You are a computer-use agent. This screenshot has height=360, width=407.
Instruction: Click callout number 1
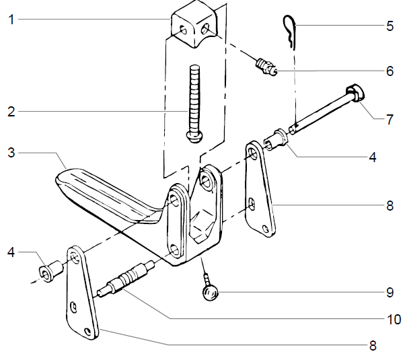pyautogui.click(x=11, y=20)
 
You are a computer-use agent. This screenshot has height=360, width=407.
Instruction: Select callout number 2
pyautogui.click(x=11, y=112)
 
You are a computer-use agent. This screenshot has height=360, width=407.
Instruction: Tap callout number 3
pyautogui.click(x=11, y=154)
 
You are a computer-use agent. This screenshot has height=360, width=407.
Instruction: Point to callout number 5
pyautogui.click(x=390, y=28)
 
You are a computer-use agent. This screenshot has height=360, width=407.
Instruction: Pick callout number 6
pyautogui.click(x=390, y=70)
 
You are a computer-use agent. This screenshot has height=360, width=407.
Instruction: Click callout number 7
pyautogui.click(x=390, y=121)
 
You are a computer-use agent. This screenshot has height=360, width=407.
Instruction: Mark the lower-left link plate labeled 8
pyautogui.click(x=81, y=296)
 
